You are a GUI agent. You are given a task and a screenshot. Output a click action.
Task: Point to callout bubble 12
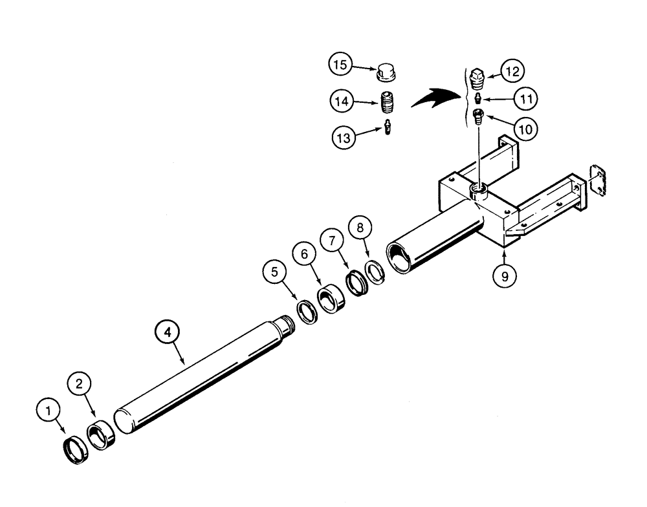515,70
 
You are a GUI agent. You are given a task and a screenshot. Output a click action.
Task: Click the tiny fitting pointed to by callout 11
477,98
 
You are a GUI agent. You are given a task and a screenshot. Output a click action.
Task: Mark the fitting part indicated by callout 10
479,116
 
